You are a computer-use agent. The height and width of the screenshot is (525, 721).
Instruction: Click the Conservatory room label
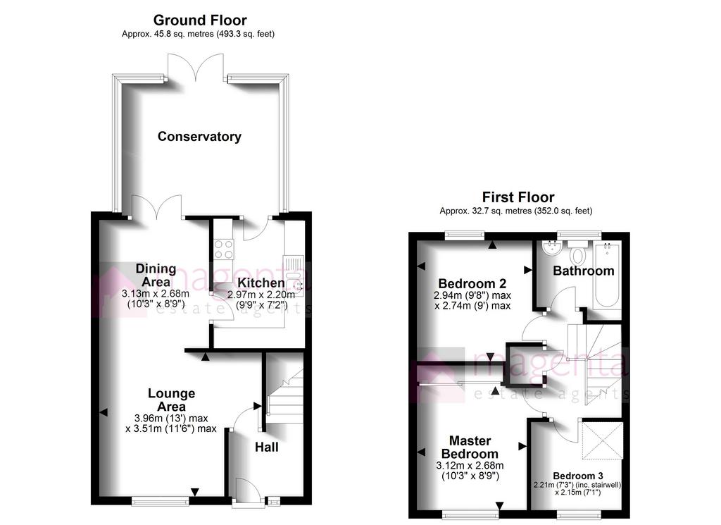(x=199, y=137)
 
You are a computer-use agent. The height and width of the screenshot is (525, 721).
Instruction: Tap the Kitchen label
(x=261, y=283)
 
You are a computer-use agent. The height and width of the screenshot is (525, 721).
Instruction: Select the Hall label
(x=267, y=447)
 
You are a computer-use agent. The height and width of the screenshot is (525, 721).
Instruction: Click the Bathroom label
(x=584, y=271)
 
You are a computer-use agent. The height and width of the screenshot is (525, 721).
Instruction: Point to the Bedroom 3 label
(x=578, y=476)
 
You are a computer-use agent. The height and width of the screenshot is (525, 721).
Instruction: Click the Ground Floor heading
(x=200, y=20)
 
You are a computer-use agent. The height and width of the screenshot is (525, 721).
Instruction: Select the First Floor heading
(x=518, y=197)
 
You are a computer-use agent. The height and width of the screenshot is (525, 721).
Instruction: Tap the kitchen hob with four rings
(x=224, y=249)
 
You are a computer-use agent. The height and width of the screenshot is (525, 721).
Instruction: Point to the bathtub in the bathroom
(x=606, y=274)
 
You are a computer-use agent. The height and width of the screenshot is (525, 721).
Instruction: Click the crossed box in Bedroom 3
(x=603, y=440)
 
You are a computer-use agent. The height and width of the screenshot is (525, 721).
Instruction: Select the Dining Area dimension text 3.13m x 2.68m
(x=156, y=294)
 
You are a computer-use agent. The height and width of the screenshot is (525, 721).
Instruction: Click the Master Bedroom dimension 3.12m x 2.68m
(x=470, y=466)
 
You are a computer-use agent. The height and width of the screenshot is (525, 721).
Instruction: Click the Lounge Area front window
(x=160, y=500)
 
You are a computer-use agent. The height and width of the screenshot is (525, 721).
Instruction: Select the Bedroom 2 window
(x=465, y=235)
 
